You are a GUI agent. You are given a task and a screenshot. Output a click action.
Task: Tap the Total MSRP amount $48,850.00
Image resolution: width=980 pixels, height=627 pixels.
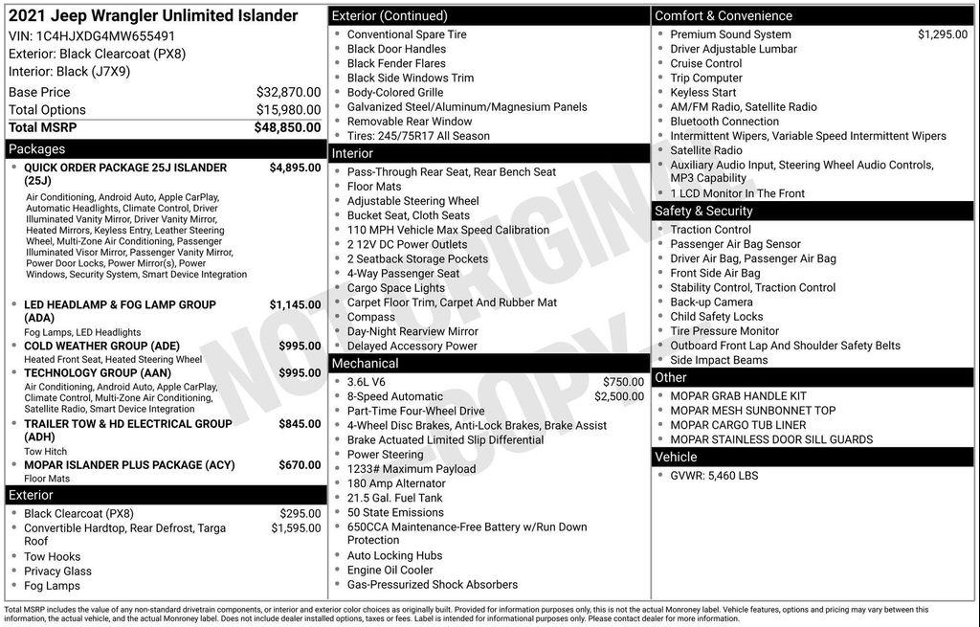click(287, 127)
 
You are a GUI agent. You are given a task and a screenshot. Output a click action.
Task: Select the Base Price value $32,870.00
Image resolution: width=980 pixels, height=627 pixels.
click(288, 92)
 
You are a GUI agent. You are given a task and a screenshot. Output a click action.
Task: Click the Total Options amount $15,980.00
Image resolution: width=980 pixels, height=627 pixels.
click(288, 110)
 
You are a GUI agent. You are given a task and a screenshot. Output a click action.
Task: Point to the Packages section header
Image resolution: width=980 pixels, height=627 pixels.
click(37, 149)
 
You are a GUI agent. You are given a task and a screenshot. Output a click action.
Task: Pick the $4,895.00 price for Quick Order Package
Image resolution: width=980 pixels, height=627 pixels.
click(295, 168)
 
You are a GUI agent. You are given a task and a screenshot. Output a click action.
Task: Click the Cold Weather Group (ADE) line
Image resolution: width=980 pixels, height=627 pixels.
click(101, 346)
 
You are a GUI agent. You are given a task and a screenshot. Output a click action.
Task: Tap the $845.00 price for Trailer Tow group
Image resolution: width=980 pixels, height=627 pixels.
click(300, 423)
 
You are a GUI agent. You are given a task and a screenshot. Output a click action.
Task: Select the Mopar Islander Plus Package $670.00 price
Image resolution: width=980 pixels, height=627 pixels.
click(300, 465)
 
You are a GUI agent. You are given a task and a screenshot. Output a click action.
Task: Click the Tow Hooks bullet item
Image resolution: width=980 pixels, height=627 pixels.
click(53, 556)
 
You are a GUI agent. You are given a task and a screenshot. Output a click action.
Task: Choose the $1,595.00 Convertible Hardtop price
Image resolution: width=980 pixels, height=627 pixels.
click(296, 527)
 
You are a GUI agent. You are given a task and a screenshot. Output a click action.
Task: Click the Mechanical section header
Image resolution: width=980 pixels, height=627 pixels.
click(365, 364)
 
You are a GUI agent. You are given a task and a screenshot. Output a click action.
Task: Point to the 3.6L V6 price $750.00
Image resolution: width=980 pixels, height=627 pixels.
click(623, 382)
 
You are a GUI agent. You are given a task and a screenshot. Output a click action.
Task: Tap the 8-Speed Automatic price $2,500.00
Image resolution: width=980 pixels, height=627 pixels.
click(619, 396)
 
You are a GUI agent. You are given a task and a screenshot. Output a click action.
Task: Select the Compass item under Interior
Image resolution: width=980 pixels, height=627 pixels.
click(371, 317)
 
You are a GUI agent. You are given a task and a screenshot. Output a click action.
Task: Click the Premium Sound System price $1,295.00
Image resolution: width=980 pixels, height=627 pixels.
click(943, 34)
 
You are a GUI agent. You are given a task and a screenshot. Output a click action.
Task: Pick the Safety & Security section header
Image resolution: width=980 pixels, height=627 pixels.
click(703, 211)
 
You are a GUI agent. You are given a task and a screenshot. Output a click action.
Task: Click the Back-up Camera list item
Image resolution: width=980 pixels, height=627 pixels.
click(711, 302)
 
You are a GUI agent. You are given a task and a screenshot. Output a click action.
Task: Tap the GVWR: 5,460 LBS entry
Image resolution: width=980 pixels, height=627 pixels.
click(714, 475)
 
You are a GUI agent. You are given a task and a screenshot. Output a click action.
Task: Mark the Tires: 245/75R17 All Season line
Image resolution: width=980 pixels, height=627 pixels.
click(418, 136)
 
